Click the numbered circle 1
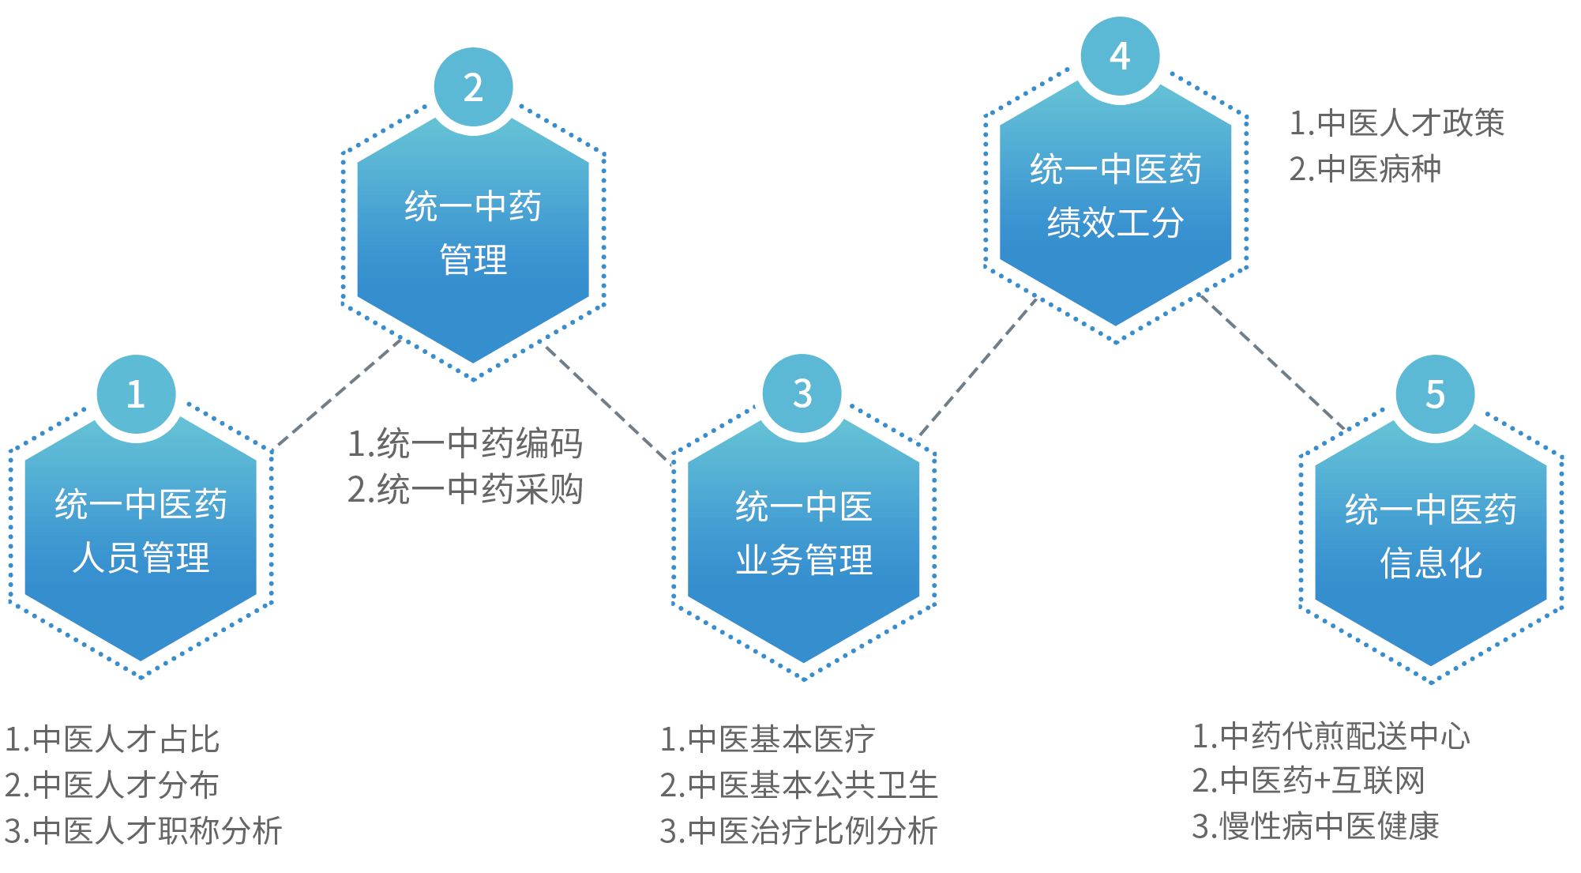(136, 393)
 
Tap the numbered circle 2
(473, 86)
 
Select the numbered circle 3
(802, 393)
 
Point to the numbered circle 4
(1119, 55)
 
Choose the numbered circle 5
(1435, 393)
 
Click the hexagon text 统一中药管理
(473, 233)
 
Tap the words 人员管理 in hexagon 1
(141, 558)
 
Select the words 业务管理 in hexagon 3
(804, 560)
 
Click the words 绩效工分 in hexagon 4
(1115, 223)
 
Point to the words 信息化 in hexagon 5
(1431, 563)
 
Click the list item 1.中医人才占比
(112, 739)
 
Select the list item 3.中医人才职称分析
(143, 831)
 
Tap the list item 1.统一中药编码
(465, 443)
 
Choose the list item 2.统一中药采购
(465, 490)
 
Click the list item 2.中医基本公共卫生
(798, 785)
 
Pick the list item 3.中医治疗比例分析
(798, 831)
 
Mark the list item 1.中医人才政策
(1396, 123)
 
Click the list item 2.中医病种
(1365, 169)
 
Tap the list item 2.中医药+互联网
(1309, 781)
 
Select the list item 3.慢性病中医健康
(1316, 826)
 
